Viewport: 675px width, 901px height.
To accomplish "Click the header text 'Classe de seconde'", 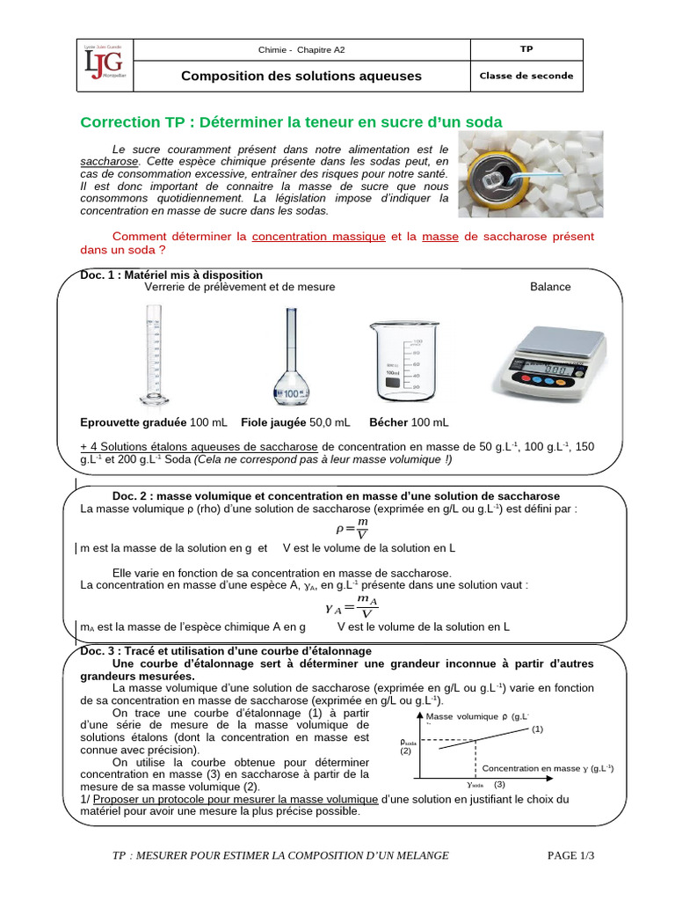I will coord(526,76).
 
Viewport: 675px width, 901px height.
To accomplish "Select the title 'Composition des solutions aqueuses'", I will coord(301,76).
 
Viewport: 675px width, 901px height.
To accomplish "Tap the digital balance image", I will coord(548,361).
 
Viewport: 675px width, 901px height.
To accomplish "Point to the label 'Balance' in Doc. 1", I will coord(550,287).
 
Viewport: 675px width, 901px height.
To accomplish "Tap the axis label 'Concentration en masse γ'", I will coord(536,768).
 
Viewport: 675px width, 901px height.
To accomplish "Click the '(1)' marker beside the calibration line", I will coord(537,729).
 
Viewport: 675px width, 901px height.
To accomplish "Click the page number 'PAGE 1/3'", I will coord(570,855).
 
